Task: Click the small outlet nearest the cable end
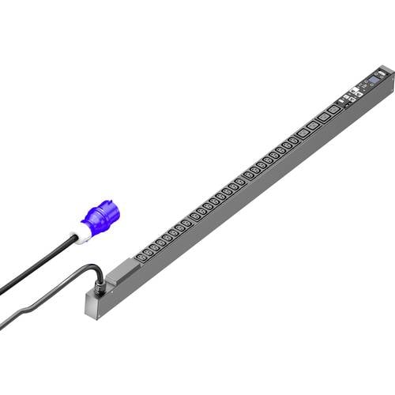(x=139, y=254)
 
